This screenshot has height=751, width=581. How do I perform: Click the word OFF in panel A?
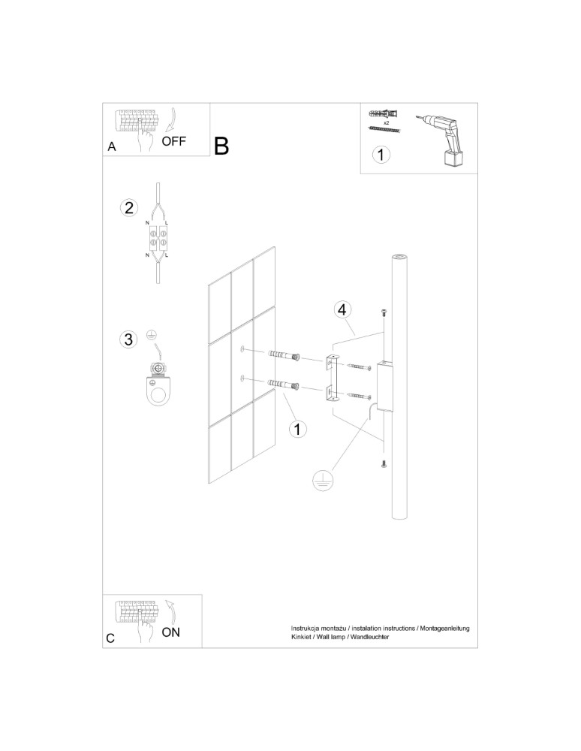click(173, 140)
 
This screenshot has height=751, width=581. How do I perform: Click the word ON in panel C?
click(171, 632)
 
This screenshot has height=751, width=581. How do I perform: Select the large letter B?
click(221, 146)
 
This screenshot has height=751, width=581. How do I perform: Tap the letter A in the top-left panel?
click(112, 147)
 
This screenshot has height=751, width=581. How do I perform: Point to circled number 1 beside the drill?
click(382, 155)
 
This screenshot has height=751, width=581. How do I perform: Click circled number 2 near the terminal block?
click(129, 208)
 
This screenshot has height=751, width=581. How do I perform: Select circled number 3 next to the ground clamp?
click(129, 339)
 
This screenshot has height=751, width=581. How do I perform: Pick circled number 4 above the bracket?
click(342, 309)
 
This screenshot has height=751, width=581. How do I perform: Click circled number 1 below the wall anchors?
click(298, 429)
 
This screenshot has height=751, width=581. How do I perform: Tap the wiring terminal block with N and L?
click(158, 239)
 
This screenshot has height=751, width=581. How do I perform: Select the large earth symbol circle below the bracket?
click(323, 481)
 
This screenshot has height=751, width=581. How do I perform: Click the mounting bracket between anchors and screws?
click(331, 377)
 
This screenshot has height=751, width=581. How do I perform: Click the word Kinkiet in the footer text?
click(304, 636)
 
